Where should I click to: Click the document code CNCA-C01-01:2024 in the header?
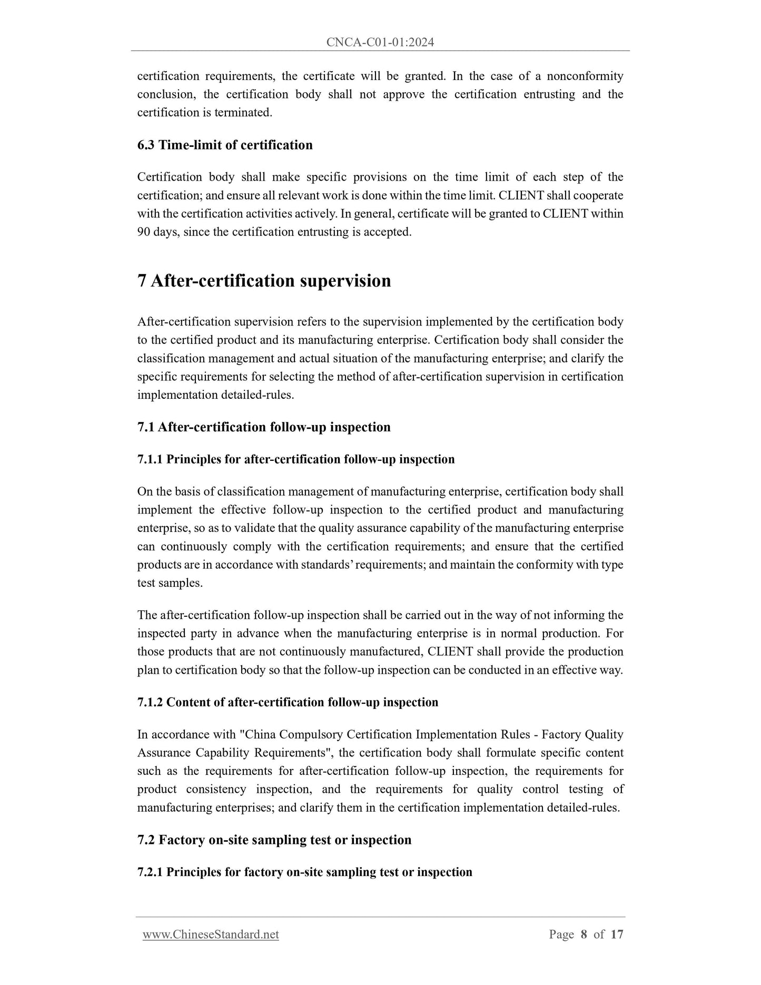pyautogui.click(x=380, y=43)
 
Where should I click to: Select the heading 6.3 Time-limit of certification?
pyautogui.click(x=225, y=145)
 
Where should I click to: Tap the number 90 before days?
pyautogui.click(x=144, y=232)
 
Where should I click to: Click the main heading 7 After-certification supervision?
pyautogui.click(x=264, y=281)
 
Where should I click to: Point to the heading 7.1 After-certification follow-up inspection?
pyautogui.click(x=264, y=427)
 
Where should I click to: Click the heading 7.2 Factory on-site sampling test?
pyautogui.click(x=274, y=840)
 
